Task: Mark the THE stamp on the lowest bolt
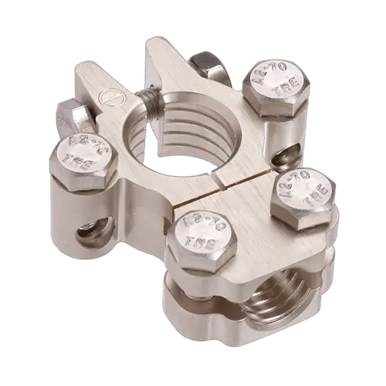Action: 204,245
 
